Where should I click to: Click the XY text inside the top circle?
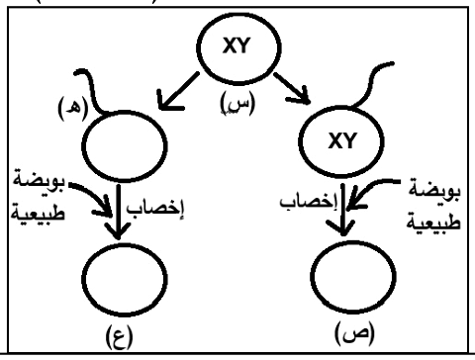click(237, 45)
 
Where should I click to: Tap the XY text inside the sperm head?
click(342, 140)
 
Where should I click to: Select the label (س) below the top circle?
click(237, 103)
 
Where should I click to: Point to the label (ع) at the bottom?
click(119, 337)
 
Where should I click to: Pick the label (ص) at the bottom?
click(354, 333)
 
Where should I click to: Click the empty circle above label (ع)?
click(124, 279)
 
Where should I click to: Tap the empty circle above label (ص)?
click(353, 276)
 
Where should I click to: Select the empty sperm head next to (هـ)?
click(125, 146)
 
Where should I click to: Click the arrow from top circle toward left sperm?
click(178, 91)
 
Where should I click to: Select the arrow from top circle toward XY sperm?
click(292, 88)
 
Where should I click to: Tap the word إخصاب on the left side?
click(155, 209)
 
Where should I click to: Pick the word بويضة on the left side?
click(39, 179)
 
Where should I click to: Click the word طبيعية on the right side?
click(432, 222)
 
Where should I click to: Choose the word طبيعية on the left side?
click(38, 212)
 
